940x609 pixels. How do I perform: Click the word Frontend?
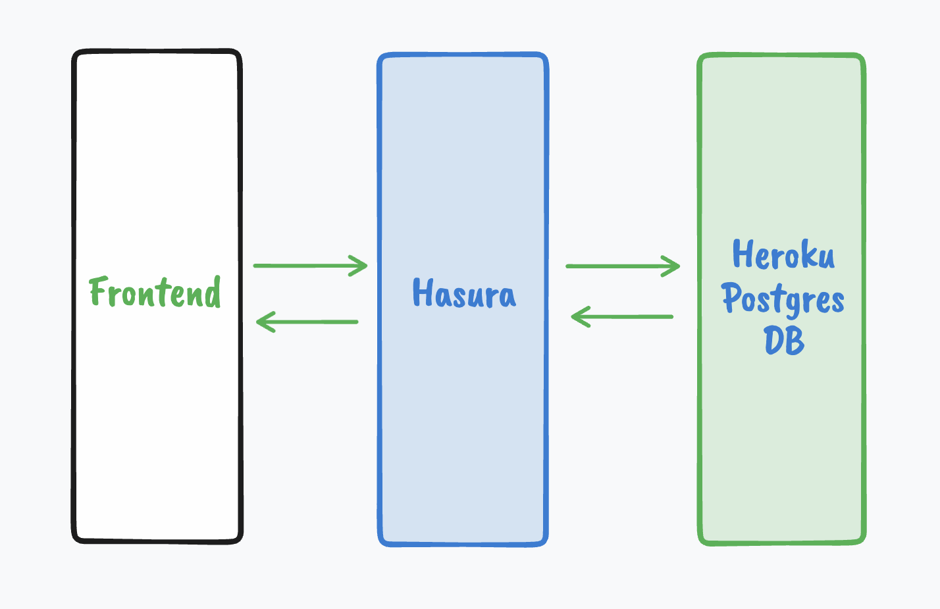155,293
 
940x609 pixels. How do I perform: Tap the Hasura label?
464,294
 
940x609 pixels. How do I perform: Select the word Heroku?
783,255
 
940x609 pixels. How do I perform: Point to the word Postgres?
783,299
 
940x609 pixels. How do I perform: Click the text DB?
784,341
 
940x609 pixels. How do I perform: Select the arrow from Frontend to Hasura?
309,266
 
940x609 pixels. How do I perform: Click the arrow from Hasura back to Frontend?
307,322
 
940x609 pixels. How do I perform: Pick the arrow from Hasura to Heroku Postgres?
622,266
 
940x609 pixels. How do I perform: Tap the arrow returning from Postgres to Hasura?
622,317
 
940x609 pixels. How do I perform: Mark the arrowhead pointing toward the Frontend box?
263,322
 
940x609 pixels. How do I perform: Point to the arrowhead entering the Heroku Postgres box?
673,266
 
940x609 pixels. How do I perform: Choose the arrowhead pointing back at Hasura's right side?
579,317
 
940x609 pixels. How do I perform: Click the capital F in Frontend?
98,291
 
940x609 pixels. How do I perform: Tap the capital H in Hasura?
422,293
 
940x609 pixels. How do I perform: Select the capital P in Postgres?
731,298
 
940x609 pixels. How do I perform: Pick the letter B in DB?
795,341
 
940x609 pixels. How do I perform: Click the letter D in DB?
774,341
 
